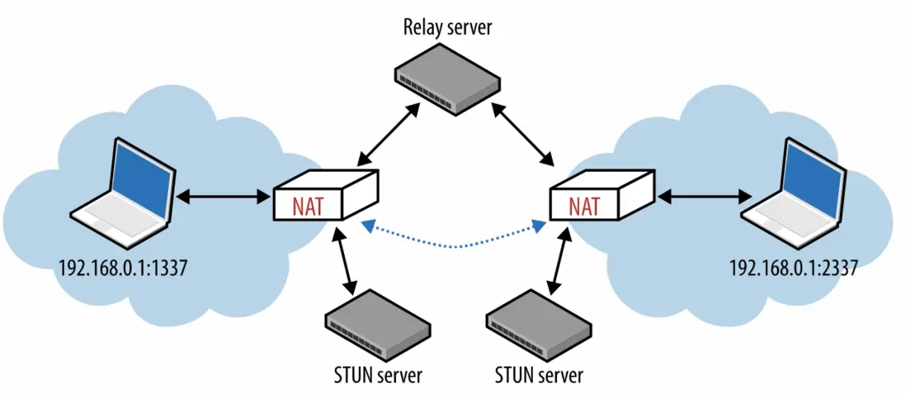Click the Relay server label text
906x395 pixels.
pos(447,26)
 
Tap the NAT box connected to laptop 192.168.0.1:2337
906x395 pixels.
pos(603,198)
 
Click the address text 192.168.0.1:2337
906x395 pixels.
pos(791,268)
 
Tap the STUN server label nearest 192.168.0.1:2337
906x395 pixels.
pos(538,375)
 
